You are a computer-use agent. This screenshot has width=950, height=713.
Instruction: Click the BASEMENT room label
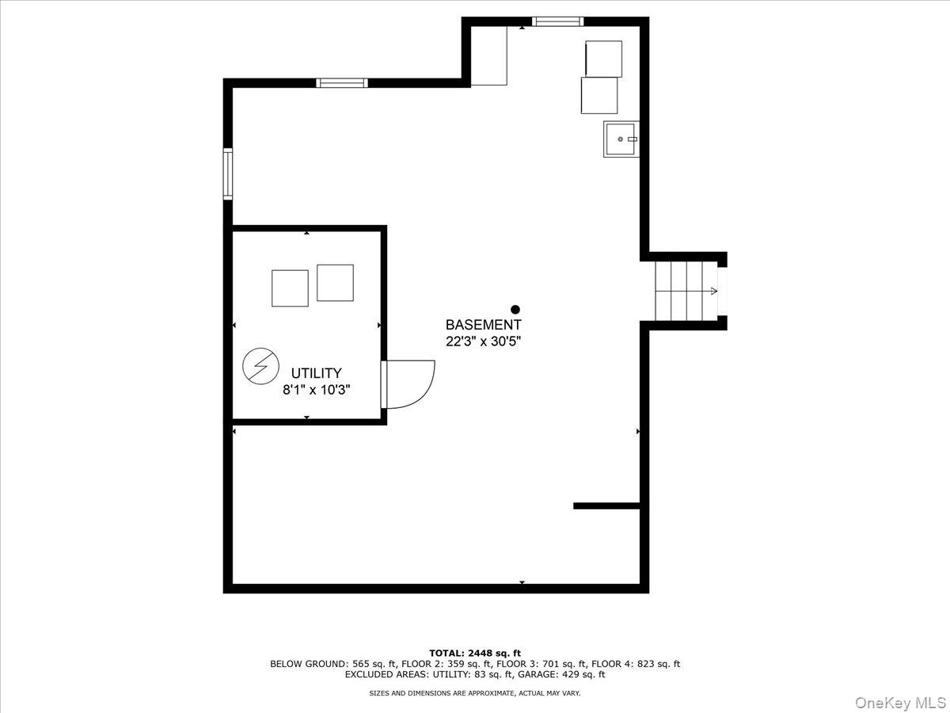pyautogui.click(x=483, y=325)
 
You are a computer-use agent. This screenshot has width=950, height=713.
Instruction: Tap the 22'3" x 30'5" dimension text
pyautogui.click(x=483, y=341)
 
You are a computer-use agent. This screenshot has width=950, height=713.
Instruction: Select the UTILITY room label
pyautogui.click(x=316, y=373)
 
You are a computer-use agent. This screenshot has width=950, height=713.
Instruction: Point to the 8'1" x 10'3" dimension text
pyautogui.click(x=316, y=390)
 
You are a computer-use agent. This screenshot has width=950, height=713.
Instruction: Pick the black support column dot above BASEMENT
pyautogui.click(x=515, y=310)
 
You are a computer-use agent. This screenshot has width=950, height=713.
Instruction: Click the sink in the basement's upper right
pyautogui.click(x=621, y=139)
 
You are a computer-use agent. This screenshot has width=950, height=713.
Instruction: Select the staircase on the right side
pyautogui.click(x=686, y=291)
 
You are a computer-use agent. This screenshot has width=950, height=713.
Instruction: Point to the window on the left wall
pyautogui.click(x=228, y=174)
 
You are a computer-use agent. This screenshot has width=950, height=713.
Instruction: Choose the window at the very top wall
pyautogui.click(x=557, y=21)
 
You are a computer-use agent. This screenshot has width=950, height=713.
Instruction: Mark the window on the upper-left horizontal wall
pyautogui.click(x=342, y=82)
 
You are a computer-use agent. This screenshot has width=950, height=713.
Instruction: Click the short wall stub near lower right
pyautogui.click(x=606, y=505)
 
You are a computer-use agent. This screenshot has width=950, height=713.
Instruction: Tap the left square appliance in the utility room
pyautogui.click(x=290, y=288)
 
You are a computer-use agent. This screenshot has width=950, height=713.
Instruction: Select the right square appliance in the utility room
pyautogui.click(x=335, y=283)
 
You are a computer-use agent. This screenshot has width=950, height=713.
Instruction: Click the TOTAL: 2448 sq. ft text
pyautogui.click(x=475, y=653)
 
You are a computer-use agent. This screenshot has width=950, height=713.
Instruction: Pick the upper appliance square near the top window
pyautogui.click(x=603, y=59)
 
